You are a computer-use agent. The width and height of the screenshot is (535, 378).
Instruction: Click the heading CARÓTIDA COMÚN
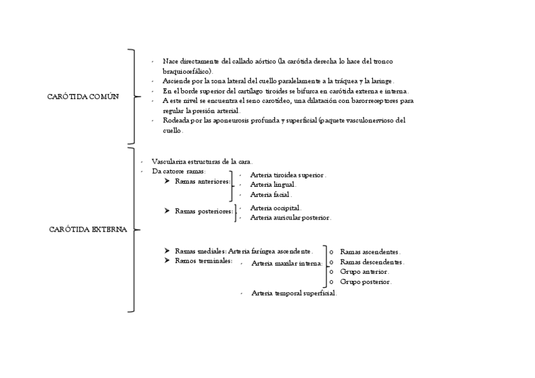pyautogui.click(x=83, y=97)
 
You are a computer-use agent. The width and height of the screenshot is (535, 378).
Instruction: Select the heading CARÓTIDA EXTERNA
pyautogui.click(x=88, y=229)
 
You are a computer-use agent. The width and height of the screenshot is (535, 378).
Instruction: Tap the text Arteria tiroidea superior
pyautogui.click(x=288, y=175)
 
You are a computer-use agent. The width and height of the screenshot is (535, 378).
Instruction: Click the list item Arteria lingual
pyautogui.click(x=273, y=185)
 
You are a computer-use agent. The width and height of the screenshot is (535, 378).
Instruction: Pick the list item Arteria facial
pyautogui.click(x=271, y=195)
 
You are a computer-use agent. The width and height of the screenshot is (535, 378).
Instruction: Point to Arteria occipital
pyautogui.click(x=275, y=208)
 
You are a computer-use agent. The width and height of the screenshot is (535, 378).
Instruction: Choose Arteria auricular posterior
pyautogui.click(x=290, y=217)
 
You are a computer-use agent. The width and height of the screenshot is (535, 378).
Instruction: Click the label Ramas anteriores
pyautogui.click(x=203, y=182)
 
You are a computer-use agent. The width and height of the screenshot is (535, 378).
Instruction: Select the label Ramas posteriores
pyautogui.click(x=204, y=211)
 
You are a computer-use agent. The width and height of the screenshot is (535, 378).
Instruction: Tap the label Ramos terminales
pyautogui.click(x=203, y=261)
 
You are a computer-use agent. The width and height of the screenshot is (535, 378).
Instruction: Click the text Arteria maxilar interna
pyautogui.click(x=286, y=263)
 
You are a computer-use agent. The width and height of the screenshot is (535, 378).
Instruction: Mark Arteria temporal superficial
pyautogui.click(x=293, y=293)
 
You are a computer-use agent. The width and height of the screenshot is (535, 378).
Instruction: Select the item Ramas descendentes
pyautogui.click(x=372, y=261)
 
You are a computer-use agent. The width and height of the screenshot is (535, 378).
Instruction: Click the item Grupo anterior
pyautogui.click(x=365, y=271)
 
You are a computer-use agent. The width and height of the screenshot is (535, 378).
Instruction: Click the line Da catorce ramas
pyautogui.click(x=179, y=171)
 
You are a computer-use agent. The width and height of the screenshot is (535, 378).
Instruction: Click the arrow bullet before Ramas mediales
pyautogui.click(x=167, y=251)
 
